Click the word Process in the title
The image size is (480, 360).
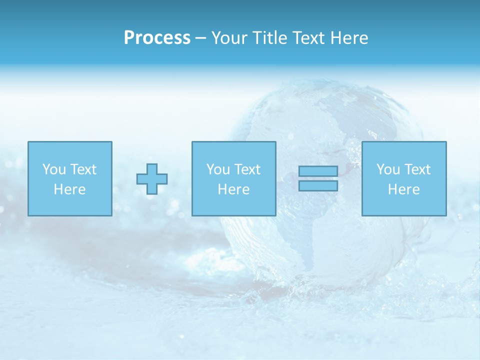157,38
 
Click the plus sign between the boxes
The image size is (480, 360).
152,179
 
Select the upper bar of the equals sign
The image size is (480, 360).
318,171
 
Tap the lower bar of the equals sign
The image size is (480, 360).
318,185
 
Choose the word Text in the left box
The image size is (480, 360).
83,169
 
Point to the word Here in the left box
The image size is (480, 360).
69,189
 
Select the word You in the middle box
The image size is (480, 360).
218,169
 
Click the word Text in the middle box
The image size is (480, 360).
247,169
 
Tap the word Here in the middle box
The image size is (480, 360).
233,189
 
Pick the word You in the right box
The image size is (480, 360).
388,169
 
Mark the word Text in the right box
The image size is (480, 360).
417,169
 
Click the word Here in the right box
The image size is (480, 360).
403,189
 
